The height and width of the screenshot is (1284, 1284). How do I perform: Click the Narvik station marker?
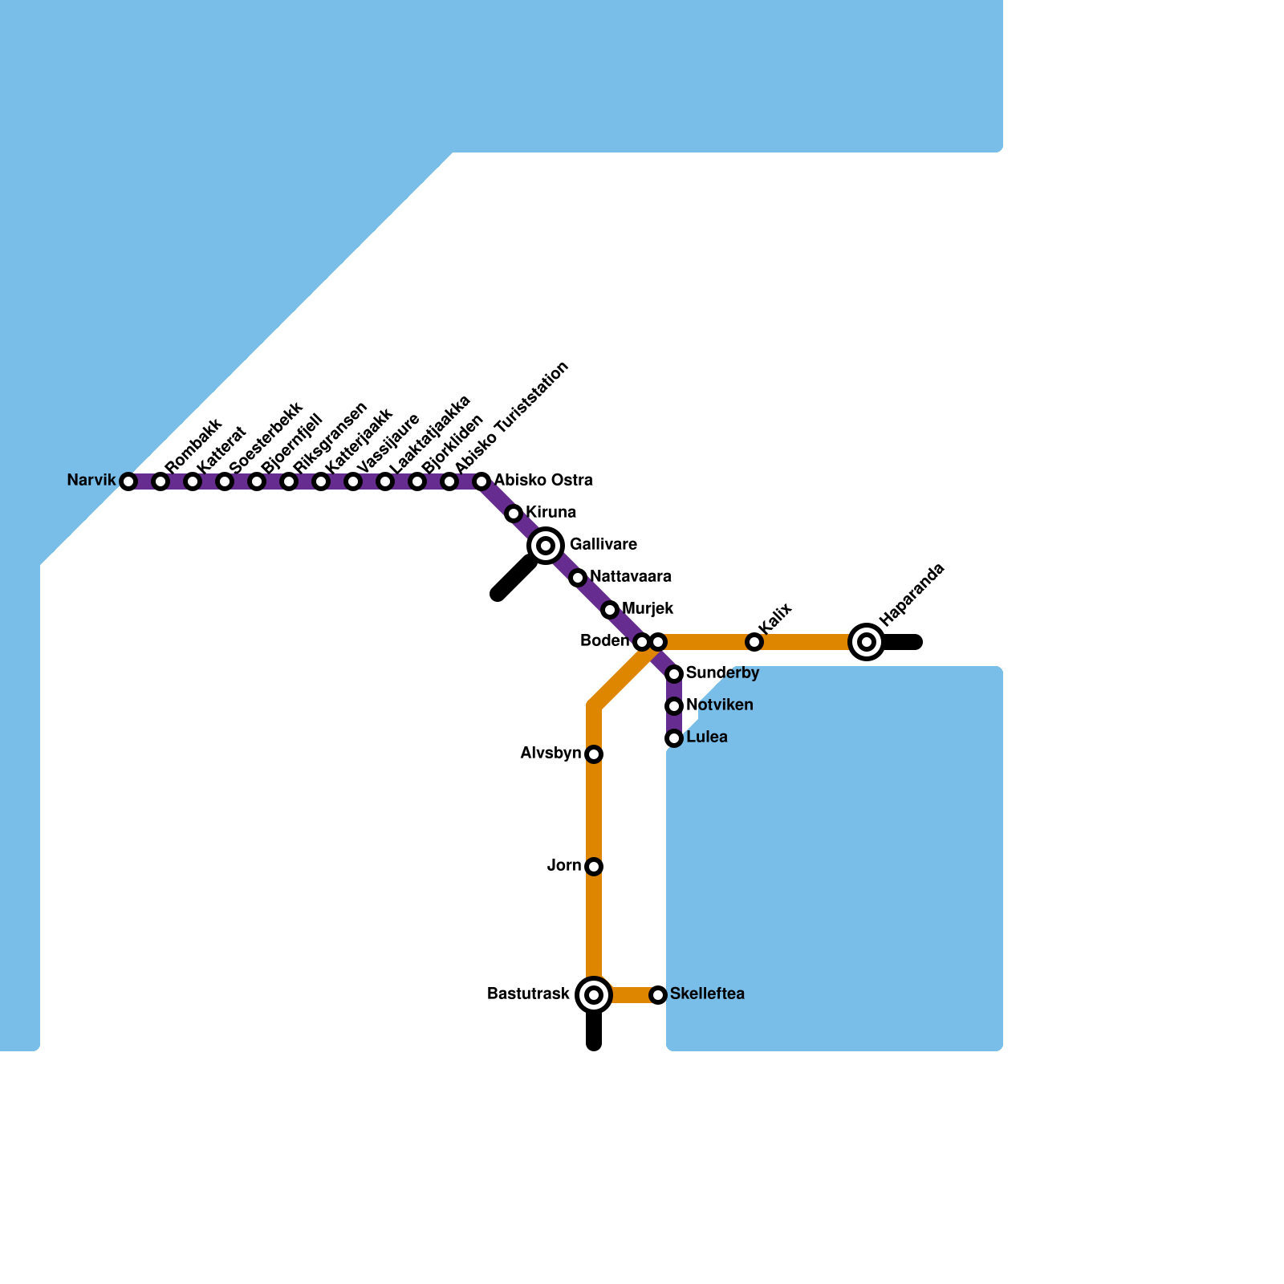[128, 481]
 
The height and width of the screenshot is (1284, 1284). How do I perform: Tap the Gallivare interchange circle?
[546, 546]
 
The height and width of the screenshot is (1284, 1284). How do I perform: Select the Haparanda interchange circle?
[867, 642]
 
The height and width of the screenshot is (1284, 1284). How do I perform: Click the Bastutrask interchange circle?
[594, 995]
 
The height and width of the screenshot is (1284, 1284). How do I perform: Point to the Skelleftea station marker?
[658, 995]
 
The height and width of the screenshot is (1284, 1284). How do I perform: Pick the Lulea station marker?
[674, 738]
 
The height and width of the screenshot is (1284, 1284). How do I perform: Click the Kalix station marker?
[754, 642]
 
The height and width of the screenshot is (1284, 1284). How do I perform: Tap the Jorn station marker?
[594, 867]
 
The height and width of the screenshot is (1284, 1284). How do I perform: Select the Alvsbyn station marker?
[594, 754]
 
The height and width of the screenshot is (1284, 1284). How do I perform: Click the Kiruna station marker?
[514, 514]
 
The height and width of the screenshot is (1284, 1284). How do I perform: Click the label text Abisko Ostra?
[543, 481]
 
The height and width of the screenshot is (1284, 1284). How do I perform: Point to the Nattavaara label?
[631, 577]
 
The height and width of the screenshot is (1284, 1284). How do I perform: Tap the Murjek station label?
[648, 609]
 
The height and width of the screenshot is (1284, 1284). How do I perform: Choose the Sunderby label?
[722, 673]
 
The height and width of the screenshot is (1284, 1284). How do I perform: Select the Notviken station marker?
[674, 706]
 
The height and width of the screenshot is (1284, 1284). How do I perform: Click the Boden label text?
[604, 641]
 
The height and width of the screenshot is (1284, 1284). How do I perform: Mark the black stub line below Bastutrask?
[594, 1031]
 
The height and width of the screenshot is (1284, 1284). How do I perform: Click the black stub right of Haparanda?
[903, 642]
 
